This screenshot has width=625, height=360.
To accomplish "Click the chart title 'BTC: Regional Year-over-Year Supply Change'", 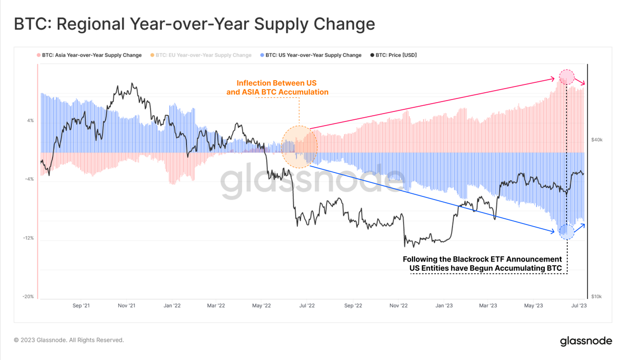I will click(194, 24).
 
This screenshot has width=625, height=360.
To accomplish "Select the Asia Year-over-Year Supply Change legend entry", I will click(89, 55).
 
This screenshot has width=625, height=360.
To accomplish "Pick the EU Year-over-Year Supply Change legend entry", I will click(201, 55).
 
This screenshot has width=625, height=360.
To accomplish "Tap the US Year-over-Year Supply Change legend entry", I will click(310, 55).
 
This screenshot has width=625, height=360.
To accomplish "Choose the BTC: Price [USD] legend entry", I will click(393, 55).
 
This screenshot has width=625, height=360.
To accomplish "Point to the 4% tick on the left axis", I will click(30, 120).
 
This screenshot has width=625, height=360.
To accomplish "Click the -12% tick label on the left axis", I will click(28, 238).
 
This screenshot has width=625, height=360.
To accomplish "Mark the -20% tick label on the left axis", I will click(28, 296).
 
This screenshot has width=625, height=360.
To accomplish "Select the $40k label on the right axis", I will click(596, 140).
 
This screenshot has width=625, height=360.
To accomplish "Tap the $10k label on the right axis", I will click(596, 296).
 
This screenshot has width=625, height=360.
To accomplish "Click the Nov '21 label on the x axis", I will click(127, 306).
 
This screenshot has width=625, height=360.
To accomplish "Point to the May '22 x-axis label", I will click(261, 306).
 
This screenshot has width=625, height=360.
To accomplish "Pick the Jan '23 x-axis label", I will click(444, 306).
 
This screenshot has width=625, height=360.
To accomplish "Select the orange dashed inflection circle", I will click(299, 147).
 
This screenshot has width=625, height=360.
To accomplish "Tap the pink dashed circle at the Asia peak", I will click(567, 78).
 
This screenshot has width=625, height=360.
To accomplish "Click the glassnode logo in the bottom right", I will click(586, 341).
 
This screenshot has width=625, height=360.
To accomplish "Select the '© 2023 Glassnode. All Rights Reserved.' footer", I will click(69, 340).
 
